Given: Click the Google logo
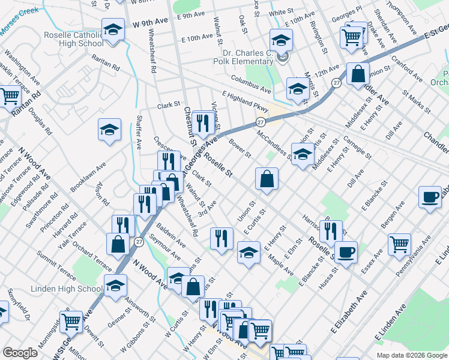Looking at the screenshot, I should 20,353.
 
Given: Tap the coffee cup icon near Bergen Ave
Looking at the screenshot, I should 430,197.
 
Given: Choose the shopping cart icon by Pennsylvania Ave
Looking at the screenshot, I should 399,244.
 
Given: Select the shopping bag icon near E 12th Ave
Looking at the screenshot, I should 358,74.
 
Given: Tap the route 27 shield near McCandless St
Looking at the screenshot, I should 260,122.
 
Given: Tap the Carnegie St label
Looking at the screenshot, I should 352,150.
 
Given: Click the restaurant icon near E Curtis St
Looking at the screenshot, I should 221,238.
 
